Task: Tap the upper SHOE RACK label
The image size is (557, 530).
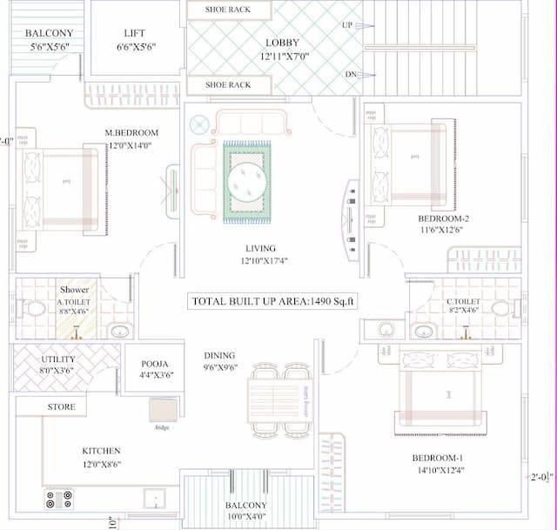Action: click(x=227, y=10)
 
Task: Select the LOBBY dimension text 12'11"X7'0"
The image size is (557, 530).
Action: click(x=284, y=56)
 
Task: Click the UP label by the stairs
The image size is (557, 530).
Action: click(x=347, y=25)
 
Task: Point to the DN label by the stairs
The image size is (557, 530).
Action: click(x=350, y=75)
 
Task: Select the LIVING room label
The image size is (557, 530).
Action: click(x=260, y=249)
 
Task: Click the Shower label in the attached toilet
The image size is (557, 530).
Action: click(x=74, y=290)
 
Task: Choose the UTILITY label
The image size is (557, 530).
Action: click(x=58, y=359)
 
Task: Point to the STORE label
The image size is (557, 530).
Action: click(x=62, y=406)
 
